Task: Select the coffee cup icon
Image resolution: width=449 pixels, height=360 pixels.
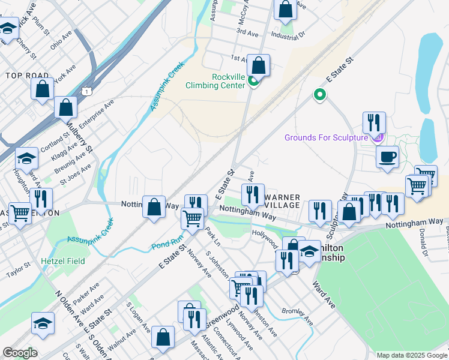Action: coord(387,157)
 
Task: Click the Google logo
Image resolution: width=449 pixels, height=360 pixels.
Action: coord(20,352)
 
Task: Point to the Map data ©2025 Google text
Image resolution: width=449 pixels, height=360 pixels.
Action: coord(411,355)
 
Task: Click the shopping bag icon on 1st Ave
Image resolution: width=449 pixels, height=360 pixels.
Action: coord(258,65)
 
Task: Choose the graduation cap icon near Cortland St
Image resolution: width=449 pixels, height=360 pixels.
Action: coord(26,159)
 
